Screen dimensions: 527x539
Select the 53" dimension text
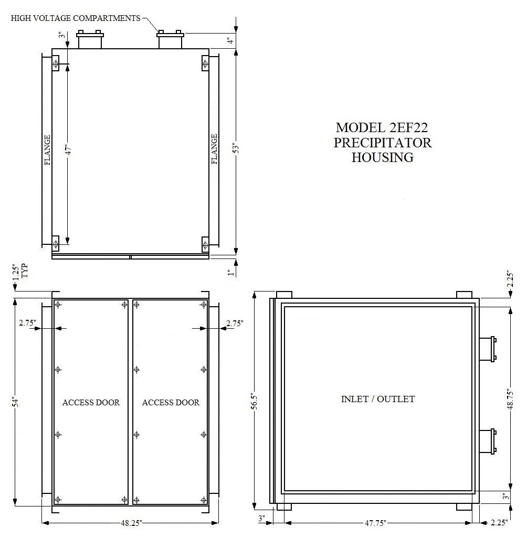236,148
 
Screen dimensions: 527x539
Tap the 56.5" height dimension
255,401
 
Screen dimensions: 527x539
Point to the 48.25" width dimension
131,523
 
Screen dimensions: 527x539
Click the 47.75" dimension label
375,523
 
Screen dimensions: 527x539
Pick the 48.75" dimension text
510,399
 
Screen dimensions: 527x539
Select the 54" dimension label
15,402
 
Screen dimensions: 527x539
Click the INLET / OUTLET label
378,399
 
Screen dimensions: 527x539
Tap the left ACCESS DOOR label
91,402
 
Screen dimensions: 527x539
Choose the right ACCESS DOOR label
171,402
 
